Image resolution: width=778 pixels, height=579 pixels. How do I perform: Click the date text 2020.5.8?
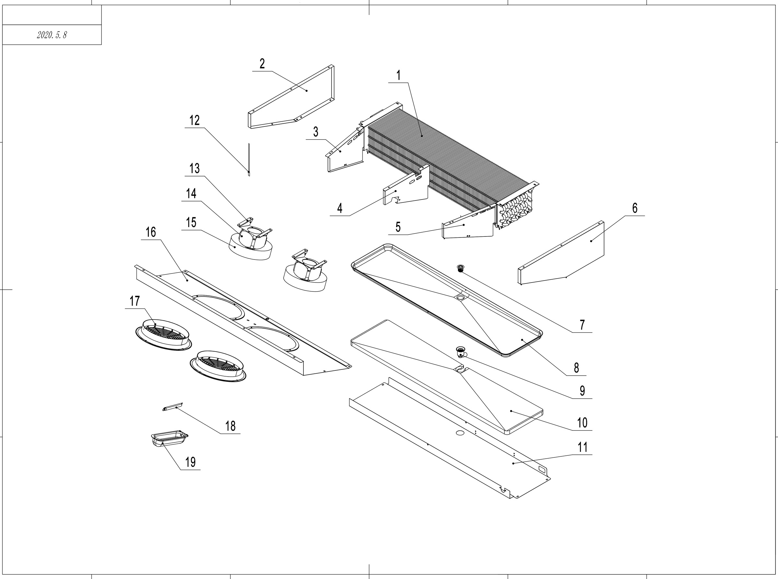click(52, 35)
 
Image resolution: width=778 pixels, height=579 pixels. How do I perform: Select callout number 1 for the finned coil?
click(398, 75)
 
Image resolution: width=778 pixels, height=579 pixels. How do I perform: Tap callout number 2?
click(262, 64)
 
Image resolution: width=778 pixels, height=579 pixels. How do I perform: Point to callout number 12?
click(194, 120)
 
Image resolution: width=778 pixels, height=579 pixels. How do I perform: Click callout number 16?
click(151, 232)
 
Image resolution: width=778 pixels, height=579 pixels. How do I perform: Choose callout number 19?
click(190, 462)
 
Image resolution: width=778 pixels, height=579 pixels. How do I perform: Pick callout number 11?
click(582, 447)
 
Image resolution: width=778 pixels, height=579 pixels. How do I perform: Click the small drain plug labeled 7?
click(461, 269)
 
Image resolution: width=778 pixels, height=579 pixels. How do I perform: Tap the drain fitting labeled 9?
click(461, 351)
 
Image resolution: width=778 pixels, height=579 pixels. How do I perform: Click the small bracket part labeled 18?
click(173, 406)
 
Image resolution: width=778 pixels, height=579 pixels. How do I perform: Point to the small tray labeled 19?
click(170, 438)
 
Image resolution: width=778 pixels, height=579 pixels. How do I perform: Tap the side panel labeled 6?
click(568, 252)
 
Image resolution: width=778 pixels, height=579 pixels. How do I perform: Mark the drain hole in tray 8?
click(461, 297)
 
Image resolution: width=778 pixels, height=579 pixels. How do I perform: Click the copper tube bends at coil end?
click(517, 210)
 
